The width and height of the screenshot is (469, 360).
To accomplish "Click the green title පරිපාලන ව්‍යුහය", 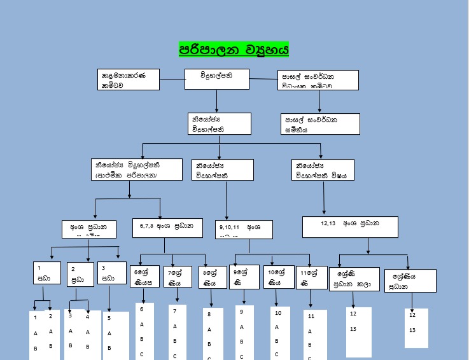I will pyautogui.click(x=234, y=49).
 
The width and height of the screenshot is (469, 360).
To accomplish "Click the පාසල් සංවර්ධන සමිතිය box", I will pyautogui.click(x=320, y=124).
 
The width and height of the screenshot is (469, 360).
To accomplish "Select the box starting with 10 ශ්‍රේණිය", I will pyautogui.click(x=279, y=277).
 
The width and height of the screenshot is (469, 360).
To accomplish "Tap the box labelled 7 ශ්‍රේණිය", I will pyautogui.click(x=178, y=277).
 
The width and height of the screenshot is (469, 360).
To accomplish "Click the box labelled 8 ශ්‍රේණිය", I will pyautogui.click(x=212, y=277).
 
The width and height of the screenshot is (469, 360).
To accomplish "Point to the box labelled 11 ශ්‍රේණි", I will pyautogui.click(x=312, y=277).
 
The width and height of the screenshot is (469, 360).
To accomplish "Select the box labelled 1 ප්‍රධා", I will pyautogui.click(x=48, y=274).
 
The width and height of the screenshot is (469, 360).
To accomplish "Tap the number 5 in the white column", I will pyautogui.click(x=109, y=317).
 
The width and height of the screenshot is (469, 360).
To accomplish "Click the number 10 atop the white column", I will pyautogui.click(x=277, y=313).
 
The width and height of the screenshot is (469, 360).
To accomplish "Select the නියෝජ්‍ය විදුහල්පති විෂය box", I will pyautogui.click(x=321, y=169).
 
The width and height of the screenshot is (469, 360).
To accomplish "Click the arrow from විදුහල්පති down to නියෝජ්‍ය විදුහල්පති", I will pyautogui.click(x=217, y=101).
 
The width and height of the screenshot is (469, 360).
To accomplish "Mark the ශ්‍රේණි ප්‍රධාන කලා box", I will pyautogui.click(x=354, y=279).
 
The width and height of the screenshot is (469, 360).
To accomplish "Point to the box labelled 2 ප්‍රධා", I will pyautogui.click(x=80, y=274).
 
